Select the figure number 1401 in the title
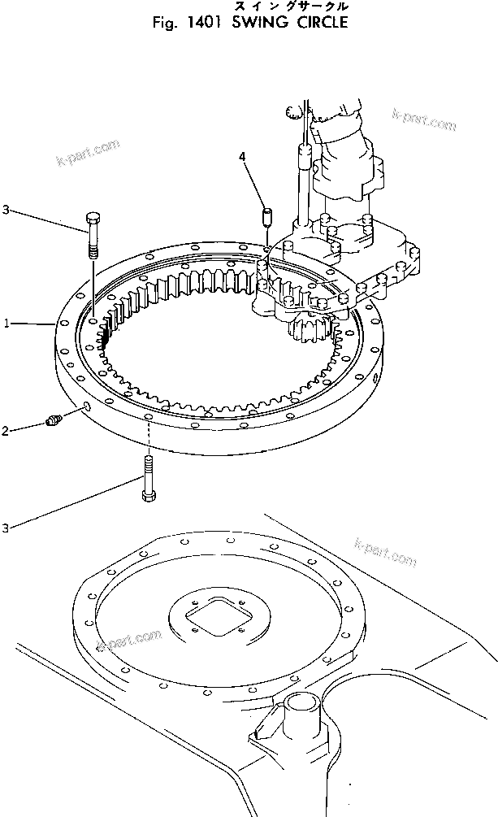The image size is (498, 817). [202, 23]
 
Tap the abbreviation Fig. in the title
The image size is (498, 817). [165, 23]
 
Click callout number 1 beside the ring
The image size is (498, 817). [6, 324]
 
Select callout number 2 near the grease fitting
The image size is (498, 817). [6, 431]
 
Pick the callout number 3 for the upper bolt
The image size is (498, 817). [6, 211]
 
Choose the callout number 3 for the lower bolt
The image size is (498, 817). [6, 528]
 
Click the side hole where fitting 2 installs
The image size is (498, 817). [86, 405]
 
